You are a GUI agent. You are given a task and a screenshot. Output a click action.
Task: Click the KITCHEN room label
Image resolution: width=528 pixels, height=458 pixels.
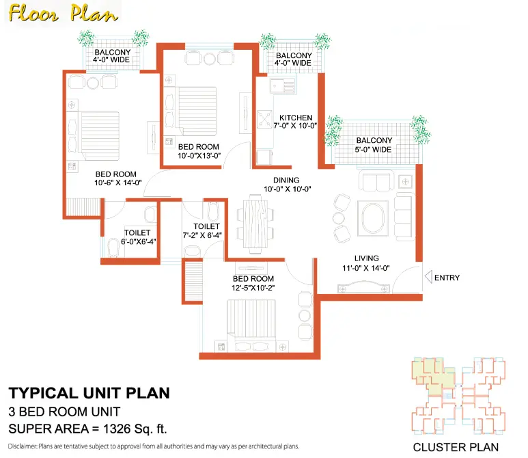(x=296, y=118)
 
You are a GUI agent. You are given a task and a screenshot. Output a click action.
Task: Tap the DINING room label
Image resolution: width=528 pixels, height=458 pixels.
(x=286, y=180)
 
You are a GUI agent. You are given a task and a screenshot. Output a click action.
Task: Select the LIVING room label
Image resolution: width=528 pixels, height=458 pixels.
(x=366, y=258)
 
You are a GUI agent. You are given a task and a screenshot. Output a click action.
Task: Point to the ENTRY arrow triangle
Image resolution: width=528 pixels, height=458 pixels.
(x=428, y=277)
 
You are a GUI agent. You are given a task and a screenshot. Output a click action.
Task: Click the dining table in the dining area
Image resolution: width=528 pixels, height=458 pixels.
(x=255, y=224)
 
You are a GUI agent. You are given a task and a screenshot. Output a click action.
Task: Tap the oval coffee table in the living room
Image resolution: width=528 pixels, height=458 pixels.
(x=373, y=218)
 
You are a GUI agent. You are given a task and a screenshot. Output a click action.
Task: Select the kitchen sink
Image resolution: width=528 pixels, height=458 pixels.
(x=283, y=86)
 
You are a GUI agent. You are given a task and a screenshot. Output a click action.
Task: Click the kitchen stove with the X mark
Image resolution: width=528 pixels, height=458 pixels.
(x=264, y=119)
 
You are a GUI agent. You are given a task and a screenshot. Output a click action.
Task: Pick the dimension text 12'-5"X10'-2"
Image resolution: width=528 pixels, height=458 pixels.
(x=253, y=288)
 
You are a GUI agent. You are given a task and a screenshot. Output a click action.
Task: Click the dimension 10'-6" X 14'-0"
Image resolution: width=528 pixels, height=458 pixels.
(x=118, y=183)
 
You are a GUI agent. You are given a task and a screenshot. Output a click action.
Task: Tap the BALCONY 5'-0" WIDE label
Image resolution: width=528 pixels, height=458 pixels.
(x=374, y=145)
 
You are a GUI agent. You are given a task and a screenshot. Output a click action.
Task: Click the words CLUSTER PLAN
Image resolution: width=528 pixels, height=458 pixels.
(x=456, y=447)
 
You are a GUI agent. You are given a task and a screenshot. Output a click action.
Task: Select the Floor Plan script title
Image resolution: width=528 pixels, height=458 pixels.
(x=64, y=14)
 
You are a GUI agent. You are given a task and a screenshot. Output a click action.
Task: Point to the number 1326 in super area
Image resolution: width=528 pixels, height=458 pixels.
(x=117, y=429)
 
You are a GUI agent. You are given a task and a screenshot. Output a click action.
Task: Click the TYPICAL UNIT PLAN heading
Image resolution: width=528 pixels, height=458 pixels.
(x=89, y=393)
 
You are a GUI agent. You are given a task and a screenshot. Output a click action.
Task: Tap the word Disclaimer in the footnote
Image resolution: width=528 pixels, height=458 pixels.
(x=23, y=446)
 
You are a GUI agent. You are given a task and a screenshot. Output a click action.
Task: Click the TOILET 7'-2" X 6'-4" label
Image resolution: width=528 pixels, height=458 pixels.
(x=202, y=231)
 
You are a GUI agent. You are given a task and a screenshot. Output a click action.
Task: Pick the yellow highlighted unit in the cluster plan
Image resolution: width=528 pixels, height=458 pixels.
(x=433, y=374)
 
